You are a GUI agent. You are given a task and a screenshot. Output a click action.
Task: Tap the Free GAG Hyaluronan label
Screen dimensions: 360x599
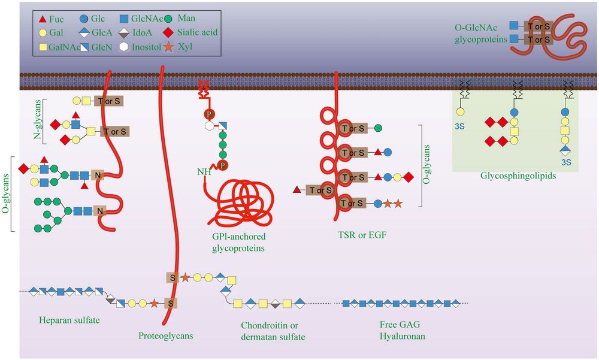(402, 331)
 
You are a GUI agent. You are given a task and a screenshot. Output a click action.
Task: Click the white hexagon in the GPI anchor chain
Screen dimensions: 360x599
(209, 126)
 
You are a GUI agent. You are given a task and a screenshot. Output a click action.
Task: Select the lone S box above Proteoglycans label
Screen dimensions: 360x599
(171, 303)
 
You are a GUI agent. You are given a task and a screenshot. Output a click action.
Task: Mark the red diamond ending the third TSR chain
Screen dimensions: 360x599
(409, 177)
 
